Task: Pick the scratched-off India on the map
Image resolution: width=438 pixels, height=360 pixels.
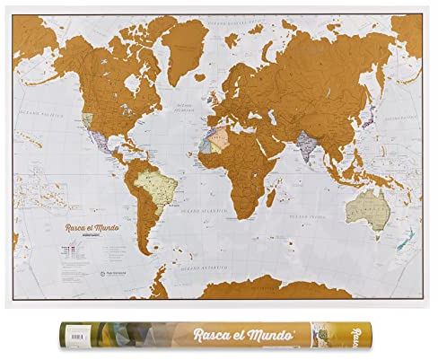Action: tap(310, 144)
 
